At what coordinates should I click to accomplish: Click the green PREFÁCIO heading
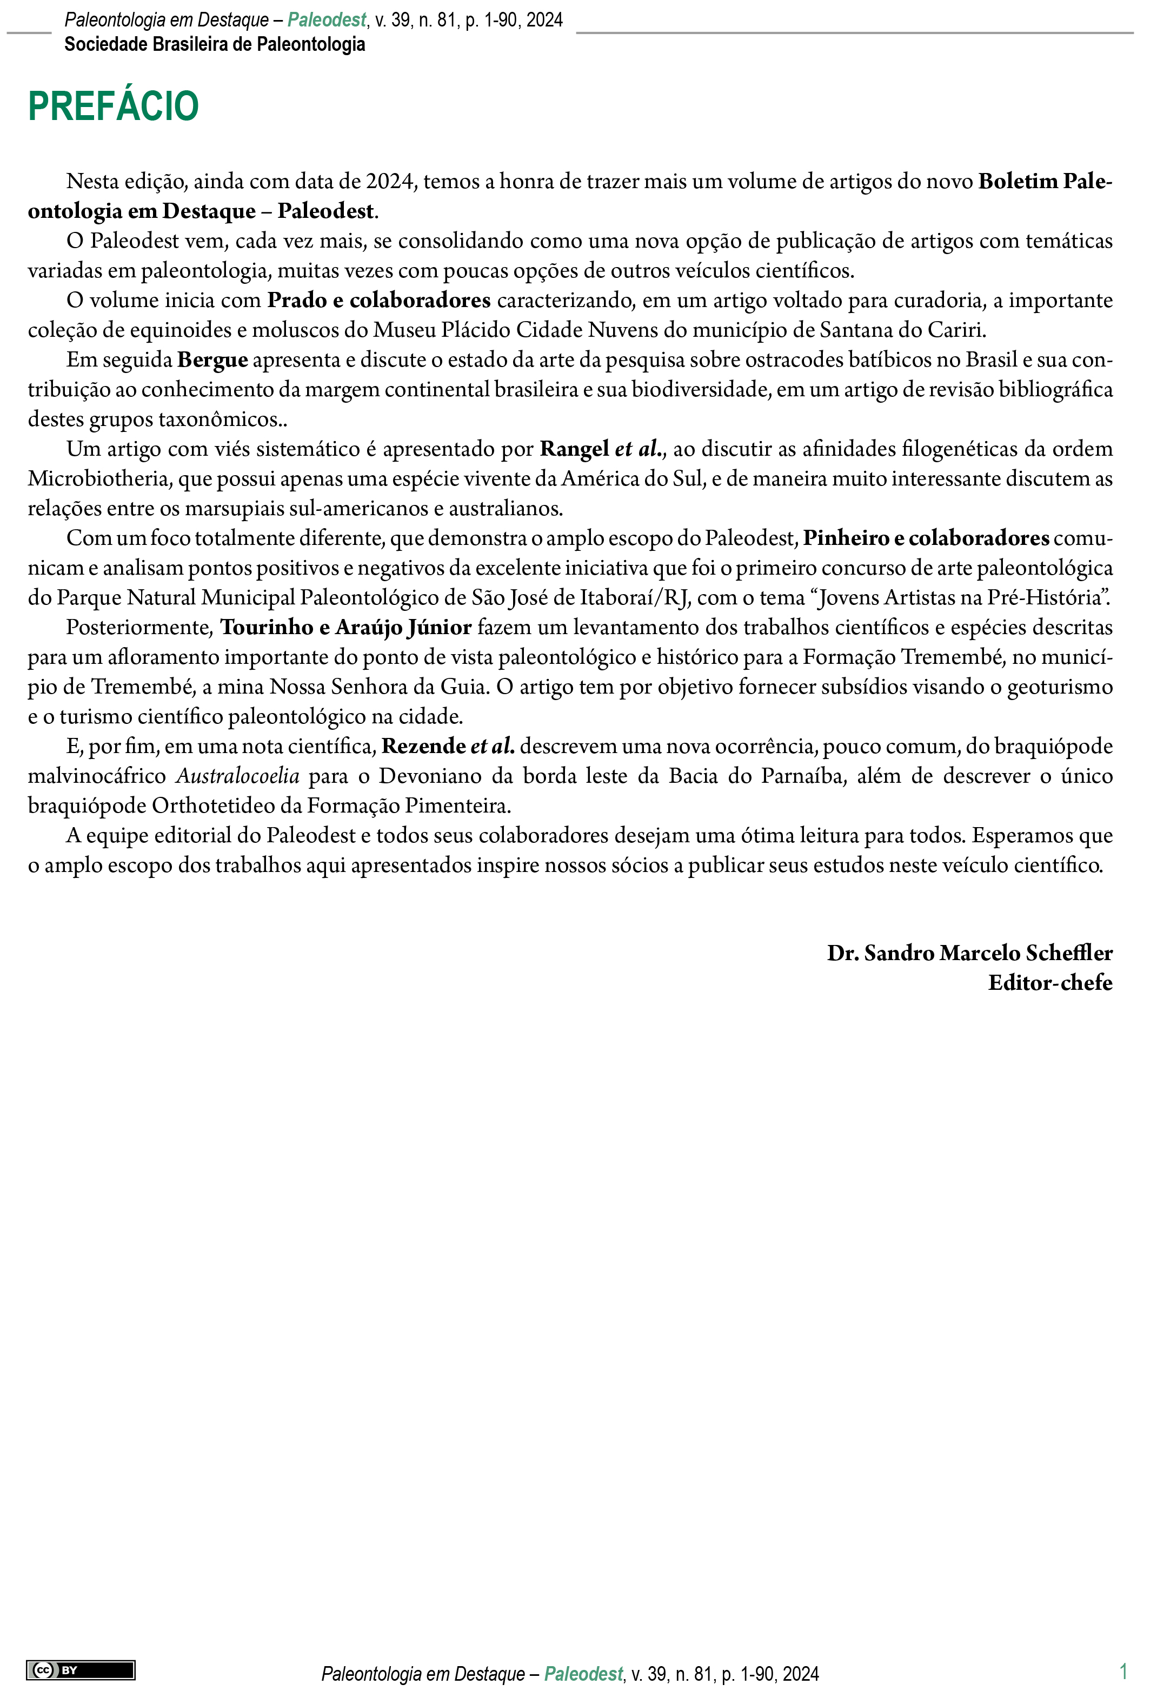(x=114, y=106)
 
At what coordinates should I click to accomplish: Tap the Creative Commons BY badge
(x=81, y=1670)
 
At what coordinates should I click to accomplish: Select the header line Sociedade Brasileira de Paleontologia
(x=215, y=44)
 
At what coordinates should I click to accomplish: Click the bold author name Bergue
(x=212, y=360)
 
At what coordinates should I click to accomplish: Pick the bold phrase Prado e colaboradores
(x=379, y=301)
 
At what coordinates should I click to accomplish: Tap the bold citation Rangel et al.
(x=602, y=449)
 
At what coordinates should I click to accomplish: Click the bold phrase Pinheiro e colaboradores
(x=926, y=538)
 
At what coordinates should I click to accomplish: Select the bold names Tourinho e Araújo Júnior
(x=347, y=627)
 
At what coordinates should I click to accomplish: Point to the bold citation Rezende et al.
(x=448, y=747)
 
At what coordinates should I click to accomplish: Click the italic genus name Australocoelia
(x=238, y=776)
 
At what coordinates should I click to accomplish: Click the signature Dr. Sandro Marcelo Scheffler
(x=969, y=953)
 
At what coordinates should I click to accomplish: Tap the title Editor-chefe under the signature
(x=1049, y=983)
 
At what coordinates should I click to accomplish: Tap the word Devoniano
(x=430, y=776)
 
